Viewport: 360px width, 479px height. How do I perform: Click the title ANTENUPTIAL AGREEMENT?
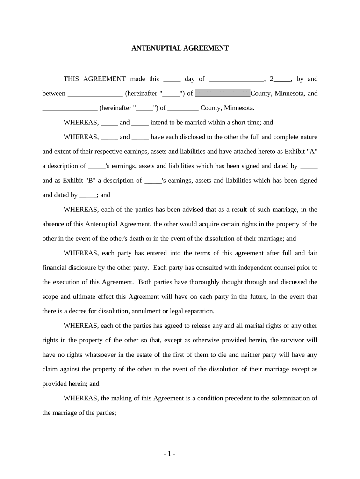click(180, 48)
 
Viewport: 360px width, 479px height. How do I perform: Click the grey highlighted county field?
click(223, 94)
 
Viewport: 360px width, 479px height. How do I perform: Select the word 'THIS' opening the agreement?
click(72, 79)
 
